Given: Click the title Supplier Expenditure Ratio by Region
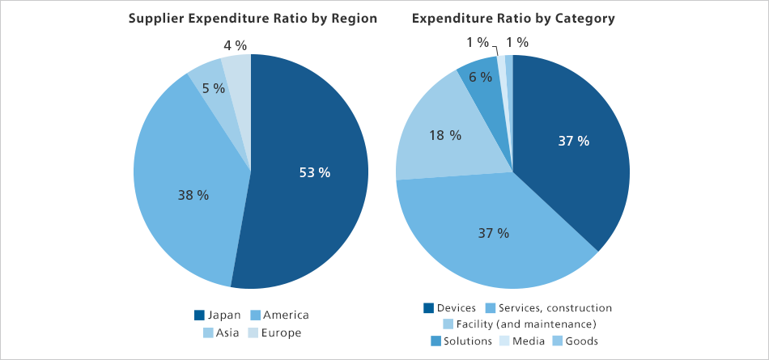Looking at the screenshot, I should pos(253,19).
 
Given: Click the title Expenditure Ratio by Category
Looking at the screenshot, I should pos(512,19).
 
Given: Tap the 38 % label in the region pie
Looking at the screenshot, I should pos(193,195).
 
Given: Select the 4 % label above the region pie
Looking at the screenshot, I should pos(235,45).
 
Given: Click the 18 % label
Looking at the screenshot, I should pos(445,135).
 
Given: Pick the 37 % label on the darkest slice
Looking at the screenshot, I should pos(574,141).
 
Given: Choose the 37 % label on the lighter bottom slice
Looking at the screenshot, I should pos(493,233).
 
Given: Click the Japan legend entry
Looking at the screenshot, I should pos(219,315).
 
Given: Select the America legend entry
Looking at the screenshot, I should pos(279,315).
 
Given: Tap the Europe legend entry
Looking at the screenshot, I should pos(274,332).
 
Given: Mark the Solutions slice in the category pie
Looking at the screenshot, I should pos(483,73).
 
